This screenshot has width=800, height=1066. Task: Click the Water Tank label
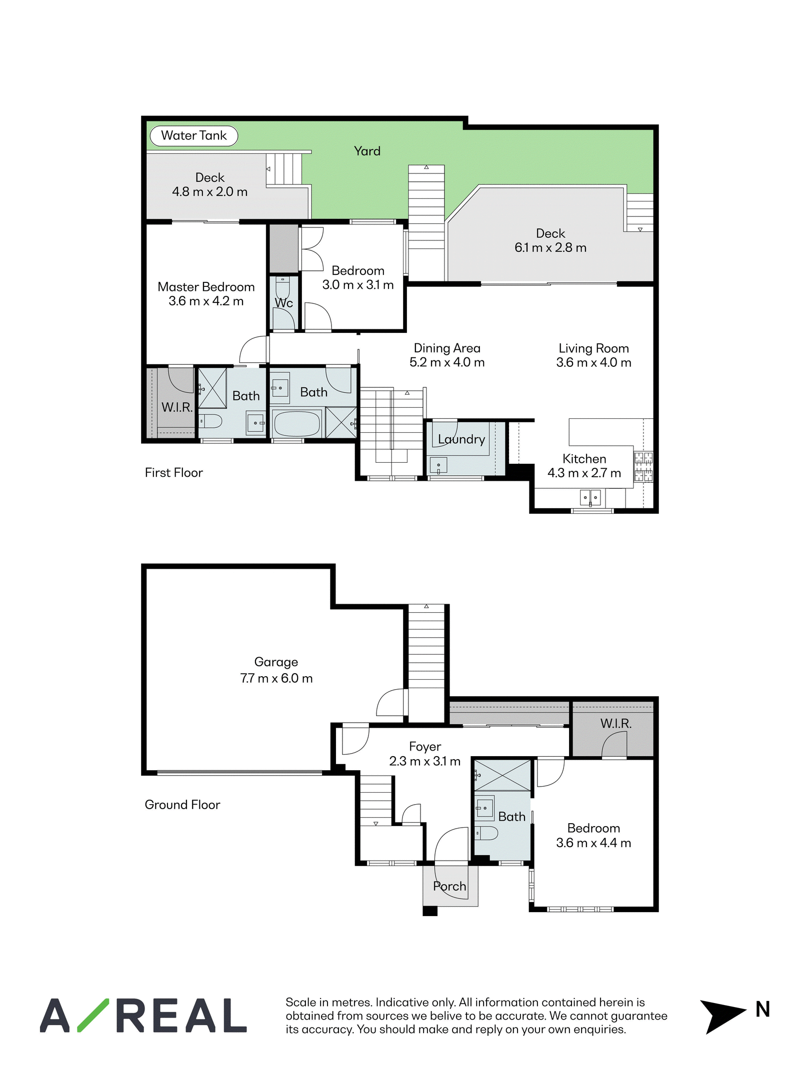click(194, 135)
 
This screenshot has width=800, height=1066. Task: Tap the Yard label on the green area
click(367, 151)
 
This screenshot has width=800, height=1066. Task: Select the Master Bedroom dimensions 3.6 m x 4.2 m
click(206, 301)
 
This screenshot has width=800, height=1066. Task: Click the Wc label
click(283, 303)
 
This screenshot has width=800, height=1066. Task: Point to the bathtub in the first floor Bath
click(297, 424)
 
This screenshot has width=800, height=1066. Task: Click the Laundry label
click(461, 439)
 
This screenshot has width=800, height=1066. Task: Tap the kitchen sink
click(590, 498)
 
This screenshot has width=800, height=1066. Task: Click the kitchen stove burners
click(643, 467)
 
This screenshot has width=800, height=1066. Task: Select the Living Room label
click(593, 348)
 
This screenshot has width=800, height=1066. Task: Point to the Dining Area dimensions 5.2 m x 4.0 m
click(447, 362)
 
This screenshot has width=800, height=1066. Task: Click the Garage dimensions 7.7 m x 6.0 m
click(276, 678)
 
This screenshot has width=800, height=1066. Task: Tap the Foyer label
click(425, 747)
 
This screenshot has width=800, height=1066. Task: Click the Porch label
click(449, 886)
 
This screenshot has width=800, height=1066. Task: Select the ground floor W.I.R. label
click(616, 723)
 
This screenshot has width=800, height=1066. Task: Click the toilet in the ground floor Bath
click(486, 833)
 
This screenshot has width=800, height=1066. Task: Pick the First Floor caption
click(173, 473)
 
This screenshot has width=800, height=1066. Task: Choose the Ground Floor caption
click(182, 805)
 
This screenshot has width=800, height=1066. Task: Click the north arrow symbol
click(721, 1017)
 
